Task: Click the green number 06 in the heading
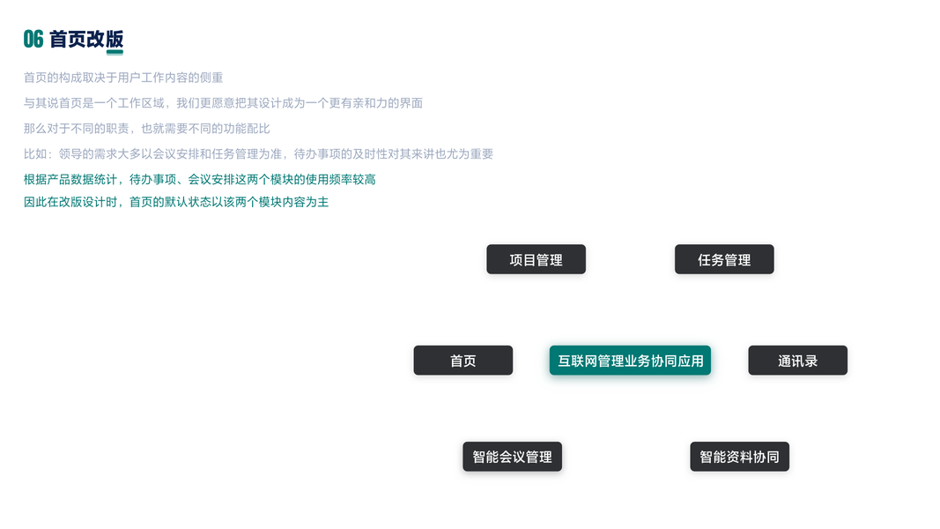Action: pyautogui.click(x=33, y=39)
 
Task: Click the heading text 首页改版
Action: pyautogui.click(x=86, y=39)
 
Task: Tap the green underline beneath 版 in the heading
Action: pyautogui.click(x=115, y=52)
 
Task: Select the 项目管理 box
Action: pyautogui.click(x=536, y=260)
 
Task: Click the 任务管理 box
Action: pyautogui.click(x=724, y=260)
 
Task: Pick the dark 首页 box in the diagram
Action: pyautogui.click(x=463, y=361)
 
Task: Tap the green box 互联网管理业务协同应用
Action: pyautogui.click(x=630, y=361)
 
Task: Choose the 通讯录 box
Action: pyautogui.click(x=797, y=361)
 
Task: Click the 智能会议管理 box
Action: pyautogui.click(x=512, y=457)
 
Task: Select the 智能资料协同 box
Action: pyautogui.click(x=739, y=457)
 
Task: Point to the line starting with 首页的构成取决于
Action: pyautogui.click(x=123, y=78)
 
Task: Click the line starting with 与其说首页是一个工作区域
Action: pyautogui.click(x=223, y=103)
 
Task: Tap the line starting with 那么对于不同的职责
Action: pyautogui.click(x=146, y=129)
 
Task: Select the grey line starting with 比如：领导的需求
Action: pyautogui.click(x=258, y=154)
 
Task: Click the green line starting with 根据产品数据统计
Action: pyautogui.click(x=199, y=180)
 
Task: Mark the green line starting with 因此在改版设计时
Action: pyautogui.click(x=176, y=202)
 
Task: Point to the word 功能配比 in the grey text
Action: pyautogui.click(x=247, y=129)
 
